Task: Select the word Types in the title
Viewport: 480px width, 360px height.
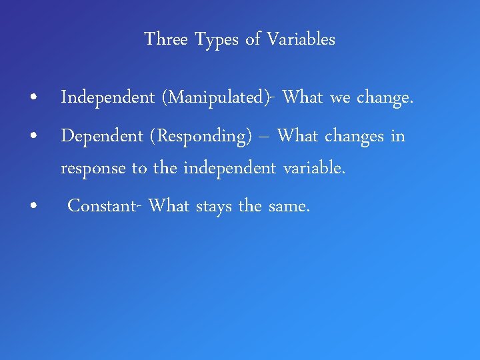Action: click(x=217, y=40)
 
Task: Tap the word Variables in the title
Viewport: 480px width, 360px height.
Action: click(x=301, y=40)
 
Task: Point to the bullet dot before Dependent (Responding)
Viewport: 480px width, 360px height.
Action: click(x=33, y=137)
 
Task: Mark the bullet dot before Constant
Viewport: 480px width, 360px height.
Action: click(x=33, y=207)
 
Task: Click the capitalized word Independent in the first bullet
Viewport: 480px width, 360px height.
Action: click(x=107, y=99)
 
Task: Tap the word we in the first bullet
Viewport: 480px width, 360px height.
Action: click(x=340, y=99)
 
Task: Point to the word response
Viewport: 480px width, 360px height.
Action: click(x=93, y=169)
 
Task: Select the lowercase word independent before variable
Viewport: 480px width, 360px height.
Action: click(x=229, y=169)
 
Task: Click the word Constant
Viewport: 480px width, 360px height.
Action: click(x=103, y=206)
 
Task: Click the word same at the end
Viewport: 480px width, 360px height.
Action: click(x=289, y=207)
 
